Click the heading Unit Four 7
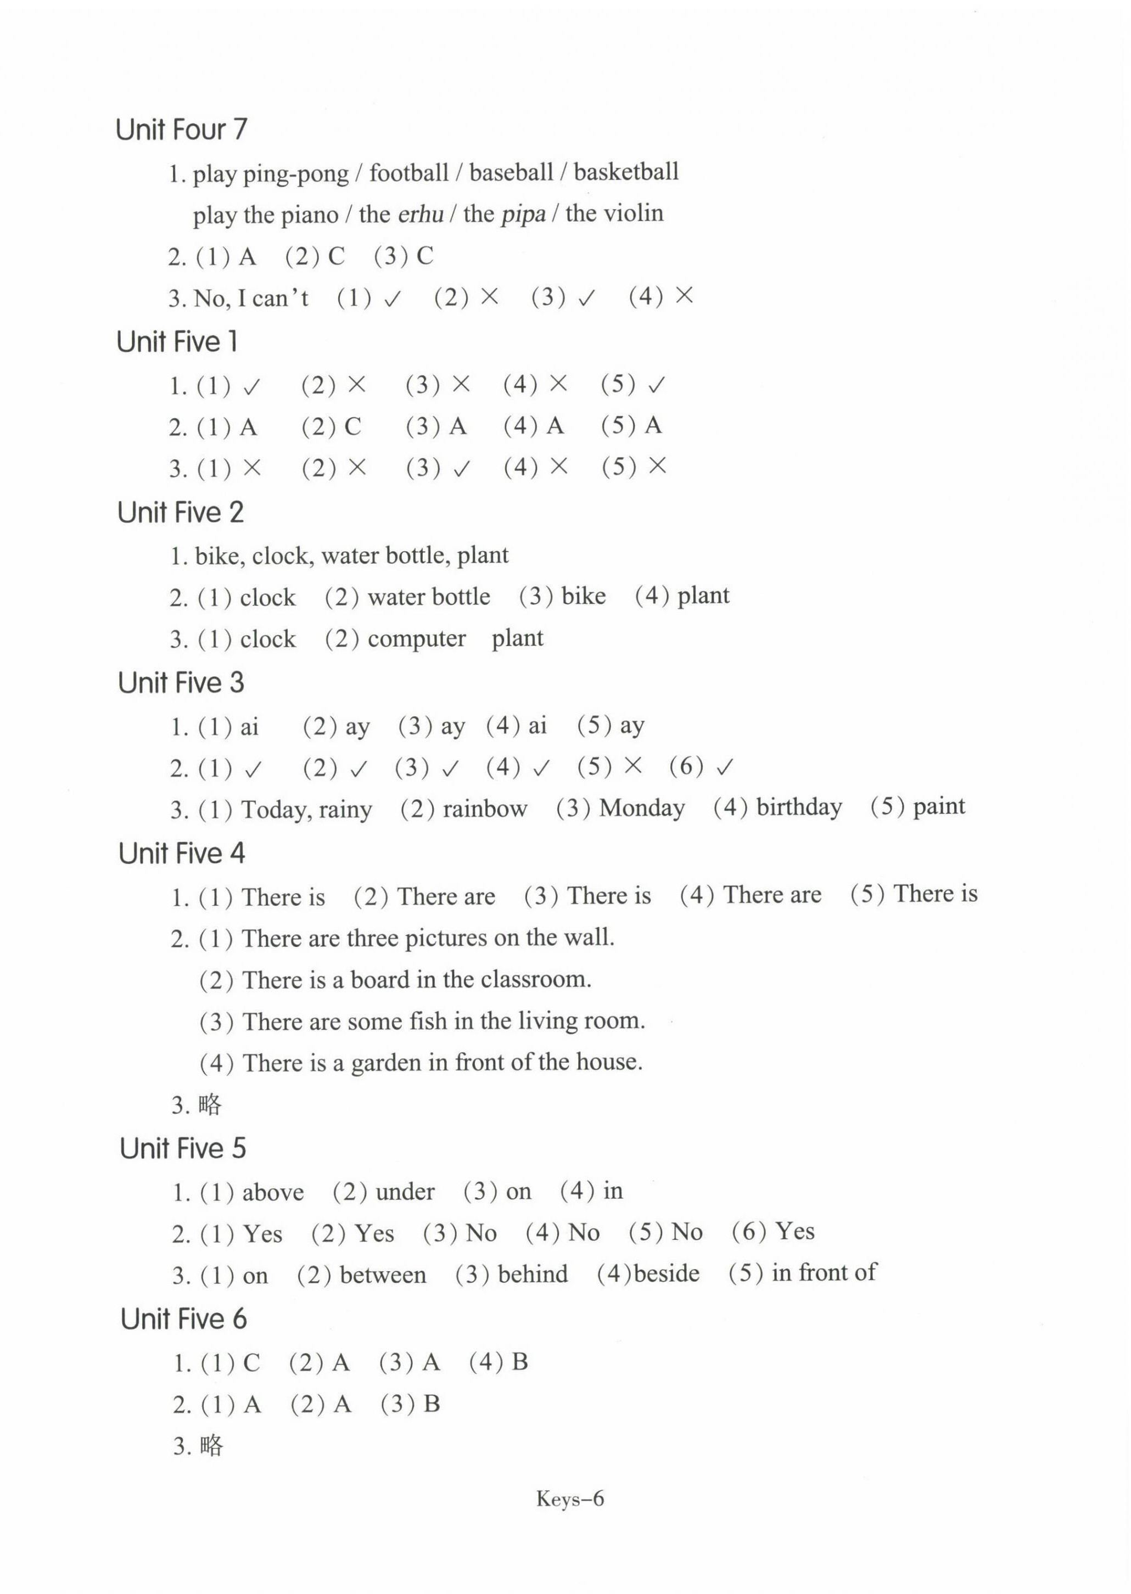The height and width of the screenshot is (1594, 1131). click(181, 130)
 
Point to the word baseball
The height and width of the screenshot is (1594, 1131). click(511, 172)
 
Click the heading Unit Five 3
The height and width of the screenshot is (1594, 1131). click(181, 683)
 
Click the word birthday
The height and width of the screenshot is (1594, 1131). click(799, 807)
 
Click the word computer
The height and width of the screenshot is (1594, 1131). click(417, 638)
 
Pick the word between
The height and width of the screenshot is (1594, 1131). click(383, 1275)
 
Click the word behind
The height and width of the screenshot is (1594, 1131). click(533, 1275)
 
